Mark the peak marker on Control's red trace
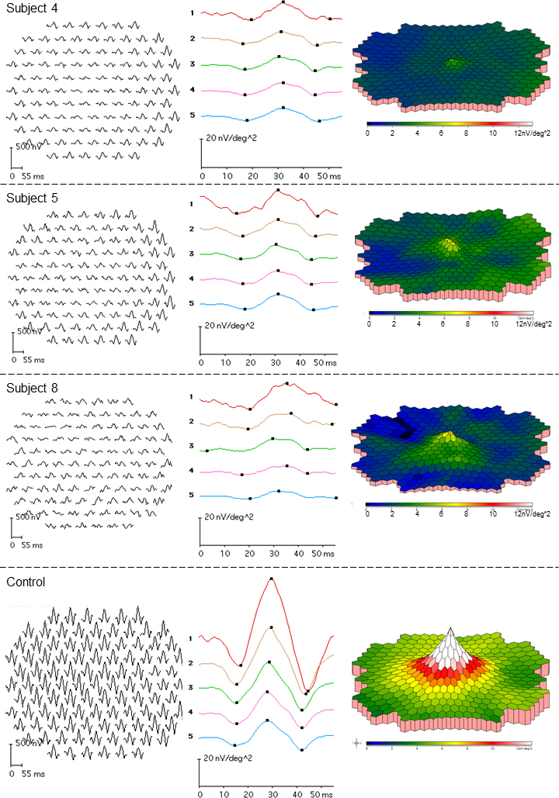[x=271, y=579]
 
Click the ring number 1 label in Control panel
[x=200, y=638]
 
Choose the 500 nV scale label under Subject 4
[x=25, y=147]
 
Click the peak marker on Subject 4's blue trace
[x=283, y=108]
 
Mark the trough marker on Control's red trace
[x=241, y=665]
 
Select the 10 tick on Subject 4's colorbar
[x=495, y=133]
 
